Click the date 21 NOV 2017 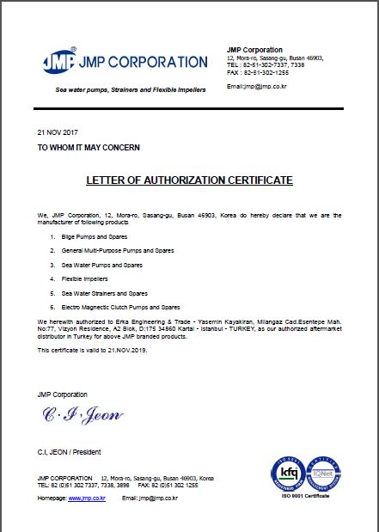tap(55, 133)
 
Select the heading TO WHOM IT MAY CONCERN tap(89, 148)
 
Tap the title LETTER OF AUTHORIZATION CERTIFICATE tap(189, 180)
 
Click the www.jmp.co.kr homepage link tap(87, 498)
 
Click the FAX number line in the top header tap(258, 71)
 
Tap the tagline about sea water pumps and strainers tap(131, 90)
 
